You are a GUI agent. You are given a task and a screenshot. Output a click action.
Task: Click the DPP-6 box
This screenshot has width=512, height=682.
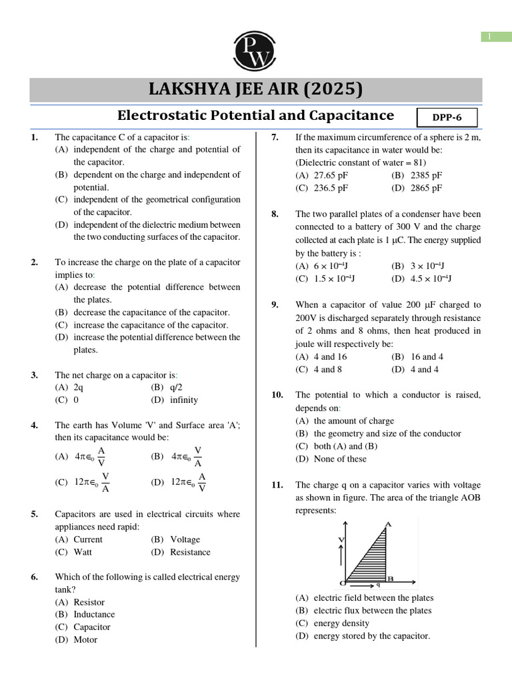pyautogui.click(x=447, y=118)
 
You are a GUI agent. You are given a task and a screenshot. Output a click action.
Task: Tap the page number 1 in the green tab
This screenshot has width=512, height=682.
pyautogui.click(x=496, y=37)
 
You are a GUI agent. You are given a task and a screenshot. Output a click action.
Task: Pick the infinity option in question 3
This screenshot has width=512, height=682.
pyautogui.click(x=175, y=400)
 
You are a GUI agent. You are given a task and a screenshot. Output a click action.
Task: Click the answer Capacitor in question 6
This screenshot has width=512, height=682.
pyautogui.click(x=92, y=627)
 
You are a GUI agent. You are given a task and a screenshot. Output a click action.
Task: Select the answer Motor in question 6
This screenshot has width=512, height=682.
pyautogui.click(x=85, y=639)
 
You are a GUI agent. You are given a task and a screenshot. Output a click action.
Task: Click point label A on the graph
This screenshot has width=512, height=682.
pyautogui.click(x=388, y=524)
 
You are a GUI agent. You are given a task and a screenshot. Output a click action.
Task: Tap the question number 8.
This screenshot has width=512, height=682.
pyautogui.click(x=275, y=214)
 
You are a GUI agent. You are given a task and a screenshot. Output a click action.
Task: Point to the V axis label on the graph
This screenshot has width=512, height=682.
pyautogui.click(x=341, y=539)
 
